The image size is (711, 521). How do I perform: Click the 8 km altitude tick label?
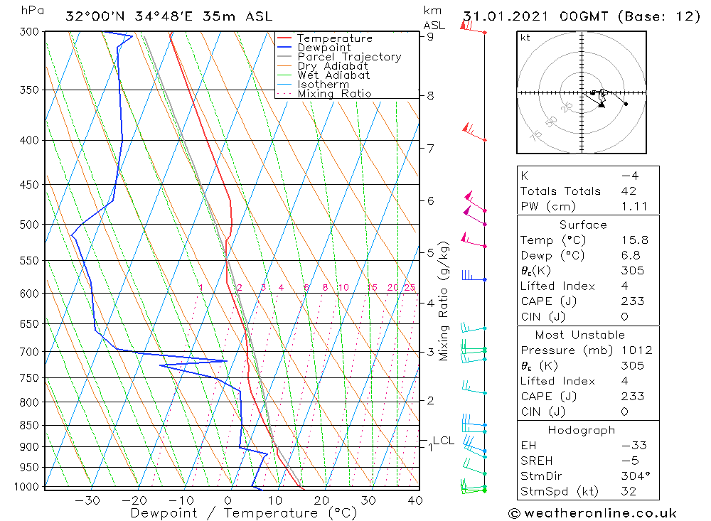[x=430, y=95]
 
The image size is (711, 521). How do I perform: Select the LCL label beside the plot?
[x=443, y=441]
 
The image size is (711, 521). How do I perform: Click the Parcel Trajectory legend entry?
[x=349, y=57]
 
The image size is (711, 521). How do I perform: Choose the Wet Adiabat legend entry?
[x=333, y=75]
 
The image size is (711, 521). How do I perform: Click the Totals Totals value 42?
[x=628, y=191]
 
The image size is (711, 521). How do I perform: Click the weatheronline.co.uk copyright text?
[x=592, y=513]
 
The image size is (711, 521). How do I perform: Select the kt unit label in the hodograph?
[x=525, y=38]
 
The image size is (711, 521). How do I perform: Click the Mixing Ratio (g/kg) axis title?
[x=444, y=301]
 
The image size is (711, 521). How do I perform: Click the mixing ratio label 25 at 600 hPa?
[x=410, y=287]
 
